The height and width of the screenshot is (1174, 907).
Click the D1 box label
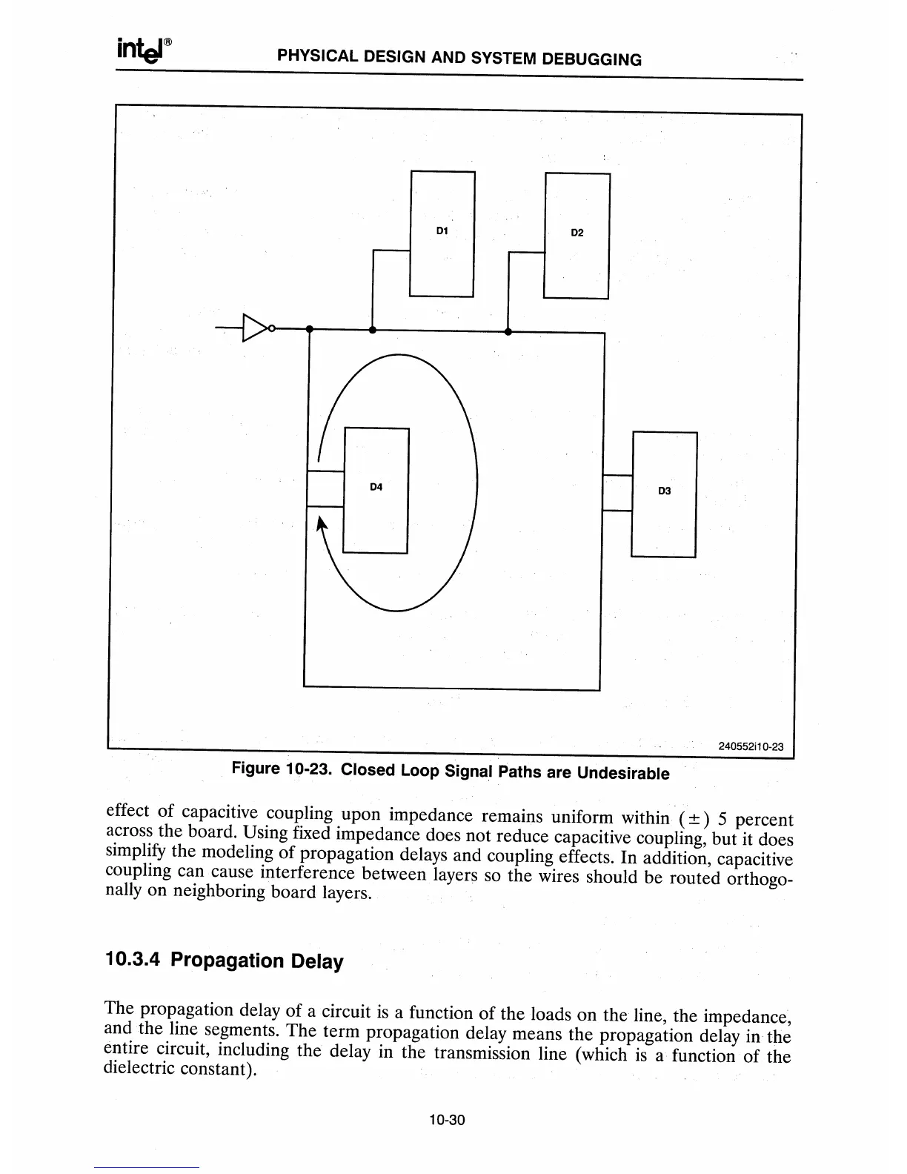click(442, 231)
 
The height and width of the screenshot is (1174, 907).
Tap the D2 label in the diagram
click(577, 233)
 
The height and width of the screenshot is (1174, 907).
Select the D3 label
click(664, 491)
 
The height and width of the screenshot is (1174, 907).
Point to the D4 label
click(376, 487)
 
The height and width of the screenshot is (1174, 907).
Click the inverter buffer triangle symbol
click(255, 327)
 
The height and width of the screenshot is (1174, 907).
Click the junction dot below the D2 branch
click(508, 331)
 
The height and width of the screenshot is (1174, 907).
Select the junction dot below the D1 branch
click(373, 330)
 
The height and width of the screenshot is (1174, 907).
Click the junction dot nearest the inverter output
click(310, 328)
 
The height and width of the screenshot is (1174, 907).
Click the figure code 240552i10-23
click(751, 746)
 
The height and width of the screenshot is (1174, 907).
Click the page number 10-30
click(446, 1120)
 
